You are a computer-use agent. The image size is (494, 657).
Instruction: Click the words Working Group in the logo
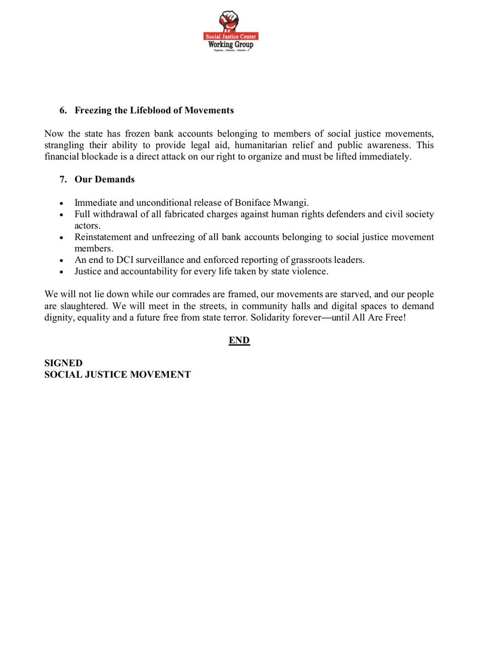pos(231,44)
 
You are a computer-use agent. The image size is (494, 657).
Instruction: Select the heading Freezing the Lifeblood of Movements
pos(154,111)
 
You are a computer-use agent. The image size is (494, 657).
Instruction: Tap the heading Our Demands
pos(105,180)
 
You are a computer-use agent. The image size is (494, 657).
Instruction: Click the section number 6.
pos(62,111)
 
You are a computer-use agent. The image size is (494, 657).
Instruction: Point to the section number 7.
pos(62,180)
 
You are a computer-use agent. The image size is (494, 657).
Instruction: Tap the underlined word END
pos(239,341)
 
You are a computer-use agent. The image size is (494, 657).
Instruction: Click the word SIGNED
pos(64,363)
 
